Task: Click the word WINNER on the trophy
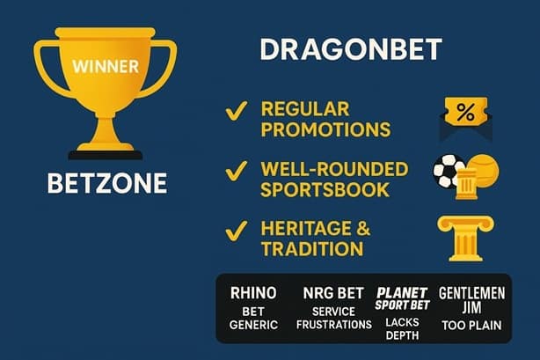[x=104, y=65]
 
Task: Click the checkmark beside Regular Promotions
[x=236, y=111]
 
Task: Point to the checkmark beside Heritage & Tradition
[x=236, y=231]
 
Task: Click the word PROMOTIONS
[x=326, y=130]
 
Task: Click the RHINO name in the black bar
[x=253, y=292]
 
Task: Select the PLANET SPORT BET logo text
[x=402, y=297]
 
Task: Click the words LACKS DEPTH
[x=402, y=328]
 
